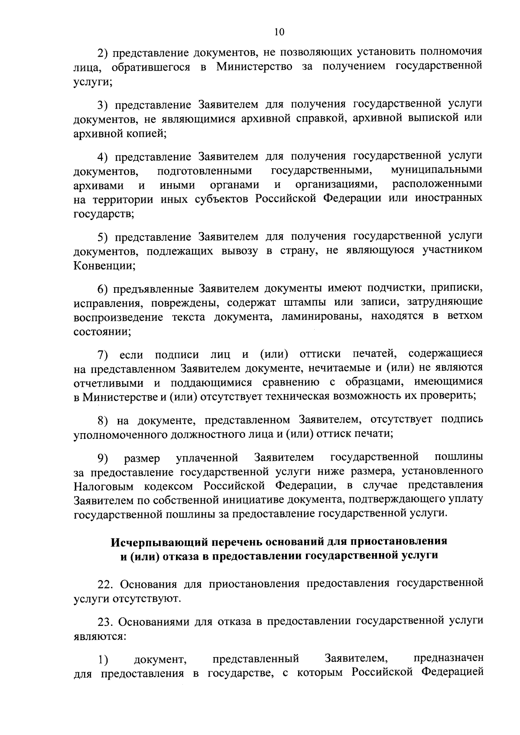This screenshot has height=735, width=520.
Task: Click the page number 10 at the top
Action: coord(279,32)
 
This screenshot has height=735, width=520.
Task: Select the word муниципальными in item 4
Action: coord(436,170)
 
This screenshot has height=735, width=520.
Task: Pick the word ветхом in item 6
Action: coord(465,316)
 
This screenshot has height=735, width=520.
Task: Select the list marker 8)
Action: coord(102,420)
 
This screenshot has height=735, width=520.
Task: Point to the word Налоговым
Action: coord(103,485)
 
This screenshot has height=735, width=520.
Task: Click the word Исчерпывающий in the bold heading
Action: coord(153,542)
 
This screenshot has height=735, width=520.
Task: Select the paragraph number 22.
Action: coord(106,585)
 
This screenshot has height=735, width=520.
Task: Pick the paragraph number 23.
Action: coord(106,622)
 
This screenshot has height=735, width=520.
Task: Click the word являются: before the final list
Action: coord(100,637)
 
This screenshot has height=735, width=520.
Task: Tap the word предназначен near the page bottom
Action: coord(448,659)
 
